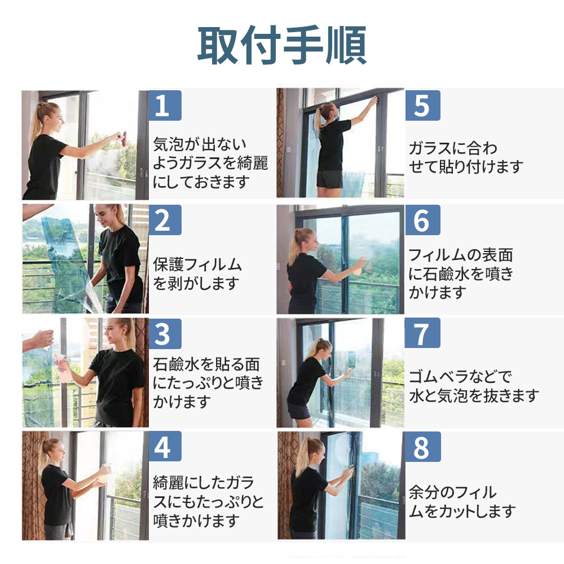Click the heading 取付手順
tap(282, 45)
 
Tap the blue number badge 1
tap(165, 105)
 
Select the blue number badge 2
tap(165, 220)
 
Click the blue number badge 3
tap(165, 334)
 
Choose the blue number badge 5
tap(422, 105)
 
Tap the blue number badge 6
tap(422, 220)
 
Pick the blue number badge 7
tap(422, 333)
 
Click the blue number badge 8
tap(422, 447)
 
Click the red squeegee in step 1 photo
tap(124, 139)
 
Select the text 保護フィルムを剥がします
tap(197, 274)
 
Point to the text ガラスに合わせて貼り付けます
tap(466, 157)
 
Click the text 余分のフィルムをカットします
tap(462, 501)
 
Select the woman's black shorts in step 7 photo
tap(299, 411)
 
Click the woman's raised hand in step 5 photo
tap(374, 100)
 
